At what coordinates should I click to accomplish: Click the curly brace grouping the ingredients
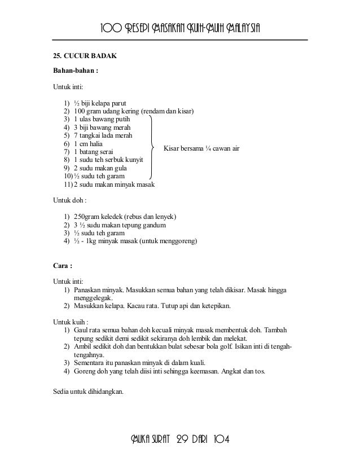[x=152, y=148]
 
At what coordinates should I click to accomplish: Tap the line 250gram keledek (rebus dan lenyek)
[x=125, y=217]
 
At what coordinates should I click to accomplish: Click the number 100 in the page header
[x=109, y=29]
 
